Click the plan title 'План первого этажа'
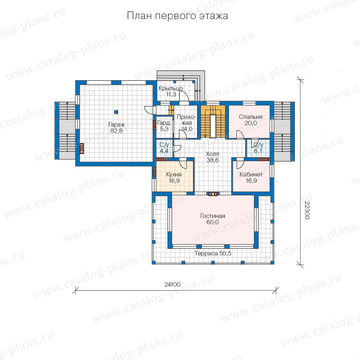click(178, 16)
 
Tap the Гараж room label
click(116, 125)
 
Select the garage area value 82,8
click(116, 131)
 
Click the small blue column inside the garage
click(116, 112)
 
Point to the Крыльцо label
click(170, 88)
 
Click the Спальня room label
click(250, 117)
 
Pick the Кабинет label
click(251, 174)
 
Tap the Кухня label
click(174, 174)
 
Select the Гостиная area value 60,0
click(212, 222)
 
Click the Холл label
click(212, 154)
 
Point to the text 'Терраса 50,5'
click(213, 254)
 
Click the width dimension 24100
click(172, 284)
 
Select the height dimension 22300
click(307, 210)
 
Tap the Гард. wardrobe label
click(164, 123)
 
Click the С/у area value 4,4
click(164, 151)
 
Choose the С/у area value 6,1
click(258, 151)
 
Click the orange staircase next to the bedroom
click(213, 122)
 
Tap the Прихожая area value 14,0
click(187, 129)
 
